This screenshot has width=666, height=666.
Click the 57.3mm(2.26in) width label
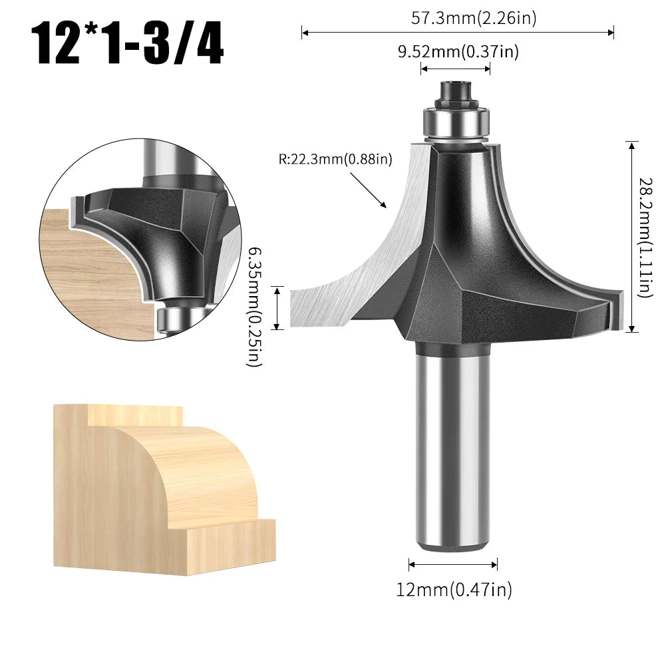click(473, 19)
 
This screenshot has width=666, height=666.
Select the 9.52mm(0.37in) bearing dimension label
click(458, 51)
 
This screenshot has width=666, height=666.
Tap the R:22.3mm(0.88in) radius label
click(335, 160)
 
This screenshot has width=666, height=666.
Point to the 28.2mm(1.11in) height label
click(645, 236)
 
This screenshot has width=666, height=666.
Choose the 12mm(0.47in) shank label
click(454, 589)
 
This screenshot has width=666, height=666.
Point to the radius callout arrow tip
click(385, 206)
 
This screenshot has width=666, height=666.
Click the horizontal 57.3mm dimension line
click(458, 31)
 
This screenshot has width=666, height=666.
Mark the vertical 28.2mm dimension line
click(632, 236)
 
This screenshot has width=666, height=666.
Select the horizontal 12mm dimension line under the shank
click(453, 565)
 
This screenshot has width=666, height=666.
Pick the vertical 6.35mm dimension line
click(278, 307)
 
